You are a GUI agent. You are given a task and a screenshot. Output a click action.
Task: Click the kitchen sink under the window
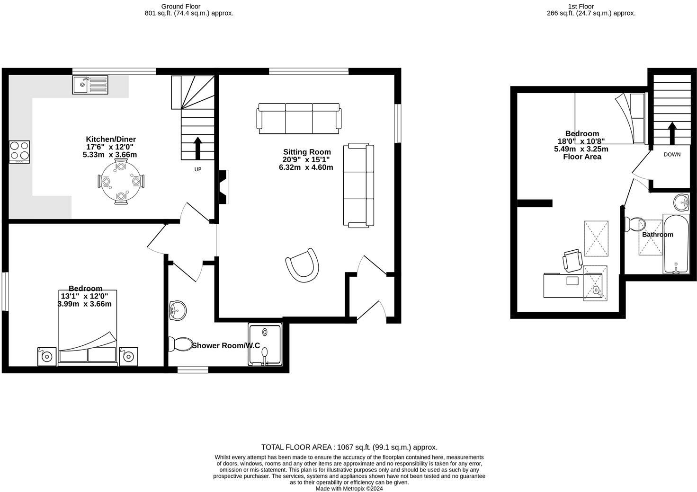click(90, 85)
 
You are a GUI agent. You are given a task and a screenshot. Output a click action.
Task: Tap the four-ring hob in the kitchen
click(19, 151)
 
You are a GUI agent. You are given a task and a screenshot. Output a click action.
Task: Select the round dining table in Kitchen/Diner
click(121, 181)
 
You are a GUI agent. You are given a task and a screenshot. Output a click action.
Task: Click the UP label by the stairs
click(197, 169)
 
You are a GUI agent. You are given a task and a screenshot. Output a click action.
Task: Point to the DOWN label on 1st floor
click(672, 155)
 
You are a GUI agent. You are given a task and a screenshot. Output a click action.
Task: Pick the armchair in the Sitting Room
click(302, 265)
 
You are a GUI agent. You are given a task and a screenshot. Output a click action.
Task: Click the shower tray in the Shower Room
click(264, 344)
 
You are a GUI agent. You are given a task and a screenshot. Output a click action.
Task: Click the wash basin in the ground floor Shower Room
click(177, 311)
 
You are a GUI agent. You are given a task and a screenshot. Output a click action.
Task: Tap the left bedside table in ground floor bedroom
click(47, 356)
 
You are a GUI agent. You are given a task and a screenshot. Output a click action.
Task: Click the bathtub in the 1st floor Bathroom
click(676, 244)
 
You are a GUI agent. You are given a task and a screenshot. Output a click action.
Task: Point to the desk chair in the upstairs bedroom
click(572, 260)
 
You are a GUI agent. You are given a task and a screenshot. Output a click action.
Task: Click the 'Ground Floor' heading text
click(180, 6)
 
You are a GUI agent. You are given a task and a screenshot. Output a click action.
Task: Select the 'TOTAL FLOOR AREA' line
click(349, 447)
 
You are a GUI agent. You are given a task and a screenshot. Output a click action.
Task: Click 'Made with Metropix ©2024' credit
click(349, 489)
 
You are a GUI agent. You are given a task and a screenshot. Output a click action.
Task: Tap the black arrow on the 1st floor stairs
click(671, 133)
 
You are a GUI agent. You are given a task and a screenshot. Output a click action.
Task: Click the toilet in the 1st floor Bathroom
click(634, 224)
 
